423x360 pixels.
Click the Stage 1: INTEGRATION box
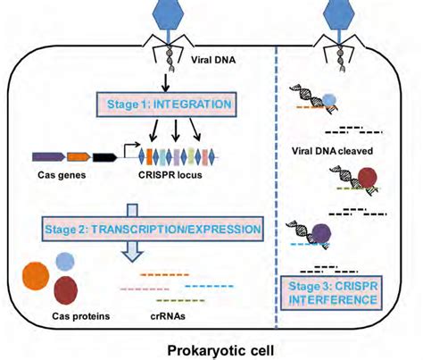[167, 105]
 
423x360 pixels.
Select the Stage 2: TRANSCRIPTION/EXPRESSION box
[153, 229]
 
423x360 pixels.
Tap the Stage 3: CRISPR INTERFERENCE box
[332, 293]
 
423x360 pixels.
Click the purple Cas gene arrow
[49, 156]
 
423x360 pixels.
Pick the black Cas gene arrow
[104, 157]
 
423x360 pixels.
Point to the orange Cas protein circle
[36, 276]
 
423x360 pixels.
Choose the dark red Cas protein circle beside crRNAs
[66, 290]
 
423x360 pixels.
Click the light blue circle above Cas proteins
[65, 262]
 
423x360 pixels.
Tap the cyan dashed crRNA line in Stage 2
[209, 287]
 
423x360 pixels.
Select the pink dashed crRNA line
[145, 289]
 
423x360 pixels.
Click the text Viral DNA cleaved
[332, 151]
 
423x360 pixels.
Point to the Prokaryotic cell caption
[220, 350]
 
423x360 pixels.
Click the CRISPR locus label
[170, 175]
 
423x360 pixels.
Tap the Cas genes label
[62, 175]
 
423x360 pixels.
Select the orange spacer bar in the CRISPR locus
[149, 156]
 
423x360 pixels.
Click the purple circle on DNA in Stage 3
[321, 233]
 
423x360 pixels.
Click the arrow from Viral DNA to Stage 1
[166, 82]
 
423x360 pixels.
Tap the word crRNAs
[168, 315]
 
